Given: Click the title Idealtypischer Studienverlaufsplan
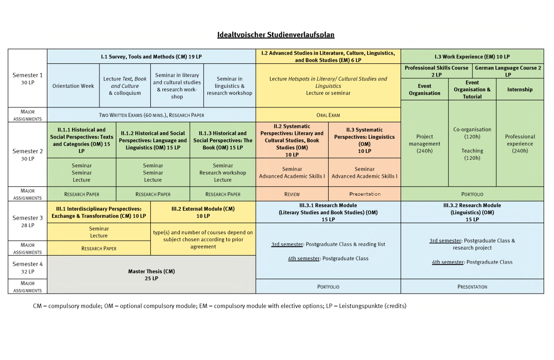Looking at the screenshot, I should (x=276, y=34).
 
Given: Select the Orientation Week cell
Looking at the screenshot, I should (x=73, y=86).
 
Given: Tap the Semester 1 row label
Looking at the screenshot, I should (x=27, y=78).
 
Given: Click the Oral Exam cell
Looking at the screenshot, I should (x=328, y=115).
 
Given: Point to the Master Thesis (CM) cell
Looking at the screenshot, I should (x=151, y=275).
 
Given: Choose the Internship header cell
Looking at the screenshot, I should (x=520, y=89).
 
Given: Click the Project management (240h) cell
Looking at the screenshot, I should (x=425, y=143).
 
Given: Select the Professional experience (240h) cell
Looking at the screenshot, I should (x=520, y=143).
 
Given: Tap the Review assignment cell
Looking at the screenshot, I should (x=292, y=194).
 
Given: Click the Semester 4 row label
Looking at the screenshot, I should (x=27, y=268).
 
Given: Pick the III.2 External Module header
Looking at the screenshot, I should (x=203, y=212).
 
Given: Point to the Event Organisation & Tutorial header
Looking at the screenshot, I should (x=472, y=89).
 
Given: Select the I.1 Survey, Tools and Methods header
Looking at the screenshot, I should (x=151, y=56).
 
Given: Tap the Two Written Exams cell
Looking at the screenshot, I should (x=151, y=115).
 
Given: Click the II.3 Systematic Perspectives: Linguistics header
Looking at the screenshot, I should (x=364, y=140).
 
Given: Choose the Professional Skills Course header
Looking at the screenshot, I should (x=436, y=71).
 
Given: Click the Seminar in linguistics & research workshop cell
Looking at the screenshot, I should (x=229, y=86).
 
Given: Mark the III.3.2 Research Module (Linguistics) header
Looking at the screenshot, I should (x=472, y=212).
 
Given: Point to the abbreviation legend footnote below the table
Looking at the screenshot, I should (x=216, y=306).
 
